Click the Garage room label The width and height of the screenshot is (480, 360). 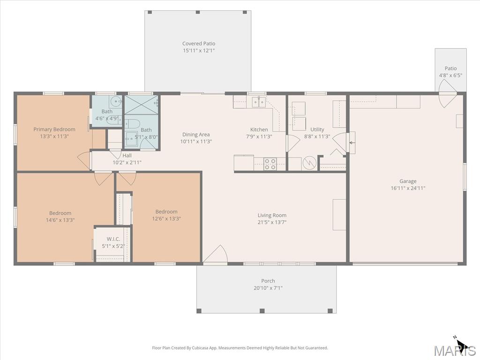(408, 181)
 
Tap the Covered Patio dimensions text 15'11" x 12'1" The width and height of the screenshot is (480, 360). (199, 51)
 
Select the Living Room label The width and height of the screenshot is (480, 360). (272, 215)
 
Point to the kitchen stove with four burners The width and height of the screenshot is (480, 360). (270, 164)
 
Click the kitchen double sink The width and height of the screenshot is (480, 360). (259, 102)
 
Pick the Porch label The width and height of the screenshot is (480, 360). (268, 281)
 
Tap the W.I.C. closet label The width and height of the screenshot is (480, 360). (113, 239)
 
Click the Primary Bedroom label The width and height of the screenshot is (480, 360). (54, 129)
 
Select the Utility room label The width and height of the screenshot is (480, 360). (317, 129)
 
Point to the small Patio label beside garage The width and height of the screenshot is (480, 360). (450, 68)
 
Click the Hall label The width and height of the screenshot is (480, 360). (127, 156)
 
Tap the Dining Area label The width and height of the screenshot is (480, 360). (196, 135)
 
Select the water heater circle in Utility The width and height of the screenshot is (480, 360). (310, 163)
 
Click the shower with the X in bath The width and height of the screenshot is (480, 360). (141, 105)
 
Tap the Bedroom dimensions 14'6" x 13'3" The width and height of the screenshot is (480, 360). (60, 220)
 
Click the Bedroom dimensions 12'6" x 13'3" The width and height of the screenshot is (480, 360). (166, 218)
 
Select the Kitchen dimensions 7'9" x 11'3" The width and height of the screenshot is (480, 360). (259, 136)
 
